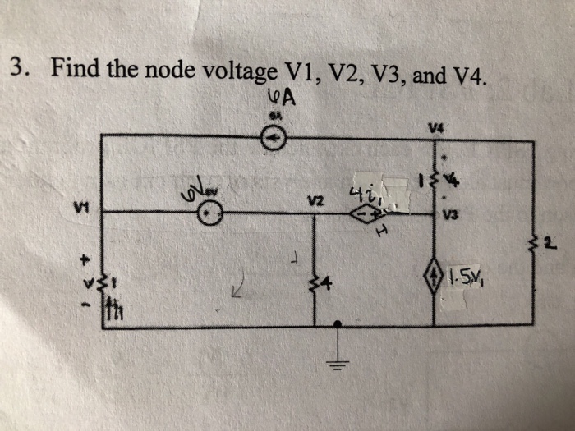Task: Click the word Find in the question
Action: (73, 68)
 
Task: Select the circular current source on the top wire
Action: (274, 141)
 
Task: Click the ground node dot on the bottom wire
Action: (338, 327)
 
